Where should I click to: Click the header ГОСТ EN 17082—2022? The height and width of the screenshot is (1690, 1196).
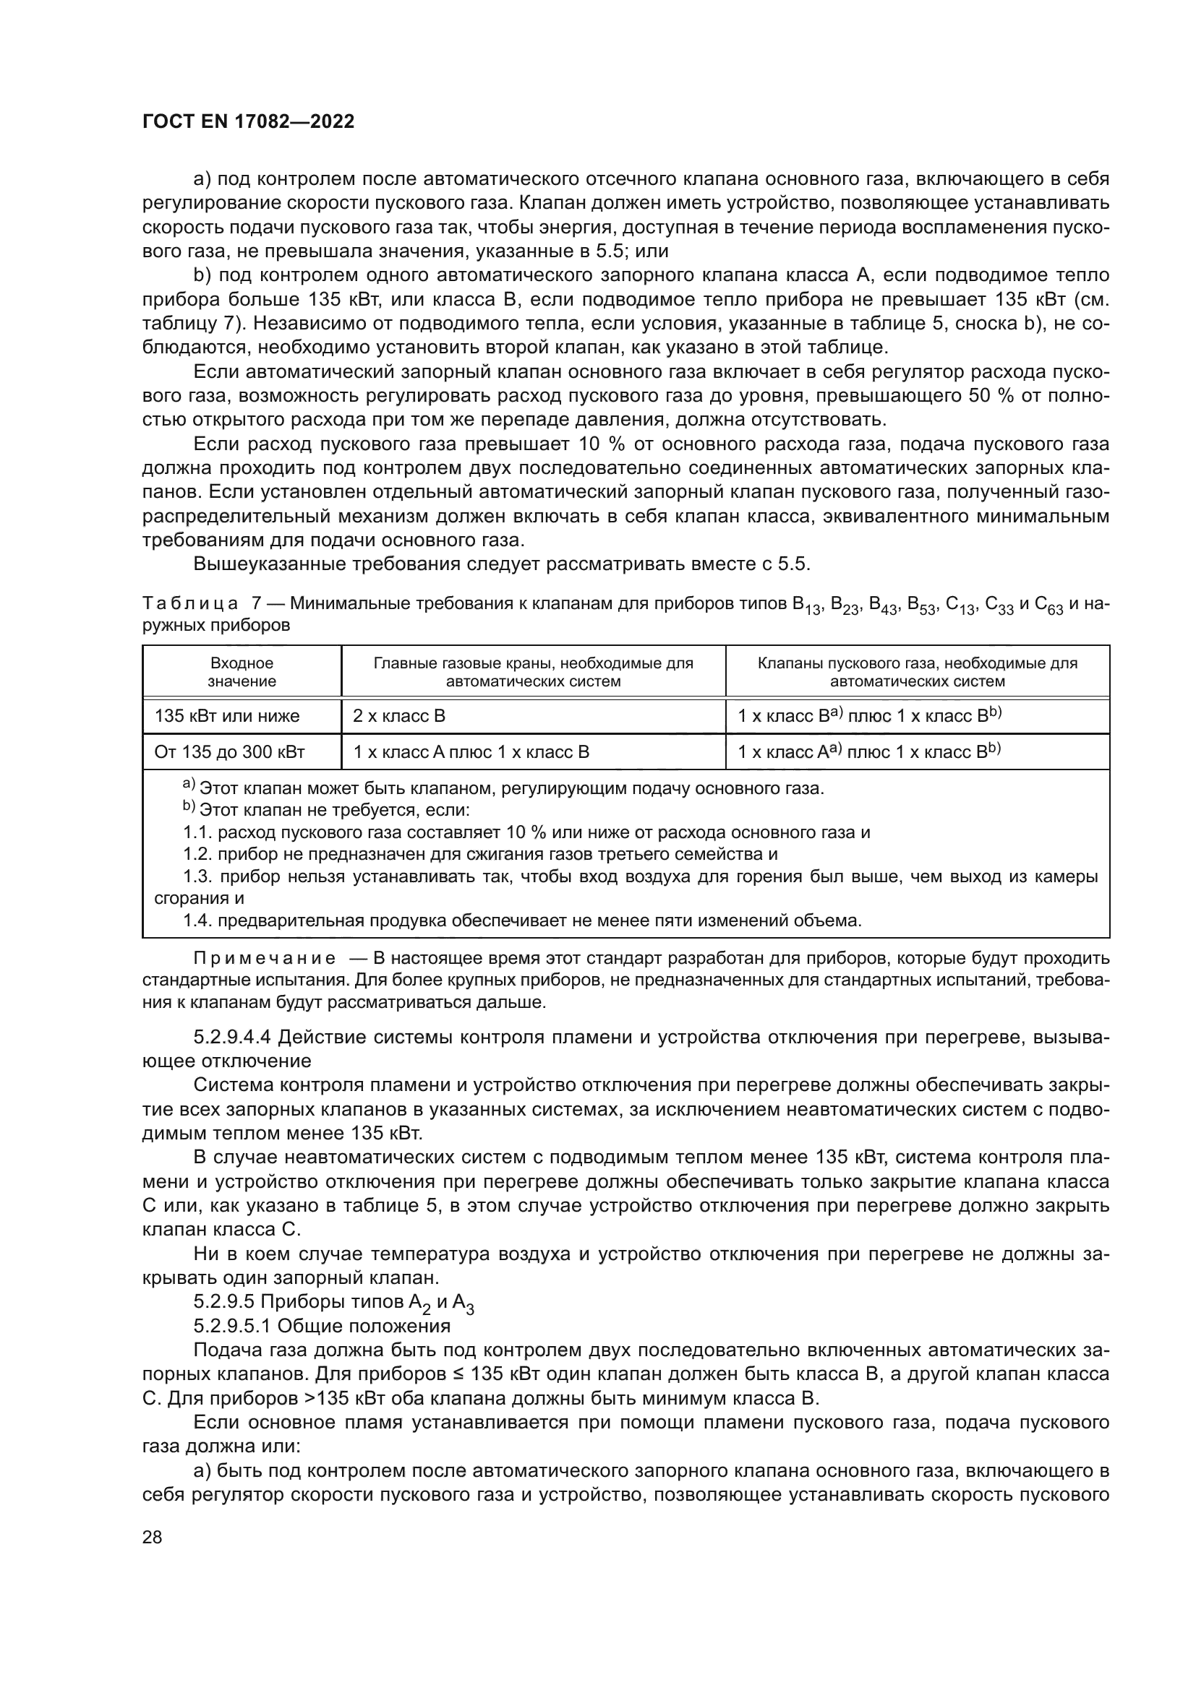click(x=248, y=121)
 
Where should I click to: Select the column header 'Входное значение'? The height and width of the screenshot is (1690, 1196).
click(x=242, y=672)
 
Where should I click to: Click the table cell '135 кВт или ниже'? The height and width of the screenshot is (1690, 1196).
click(x=227, y=716)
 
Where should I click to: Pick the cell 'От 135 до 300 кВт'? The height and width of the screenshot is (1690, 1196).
click(x=229, y=752)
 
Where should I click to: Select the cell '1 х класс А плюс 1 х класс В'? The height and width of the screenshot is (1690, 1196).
click(x=471, y=752)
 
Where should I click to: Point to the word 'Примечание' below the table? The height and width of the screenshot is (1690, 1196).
click(x=265, y=958)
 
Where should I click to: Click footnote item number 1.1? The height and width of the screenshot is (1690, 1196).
click(x=197, y=832)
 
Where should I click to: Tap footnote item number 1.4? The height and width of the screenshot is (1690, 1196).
click(x=197, y=920)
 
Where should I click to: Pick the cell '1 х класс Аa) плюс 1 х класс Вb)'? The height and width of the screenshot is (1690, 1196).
click(x=870, y=752)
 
